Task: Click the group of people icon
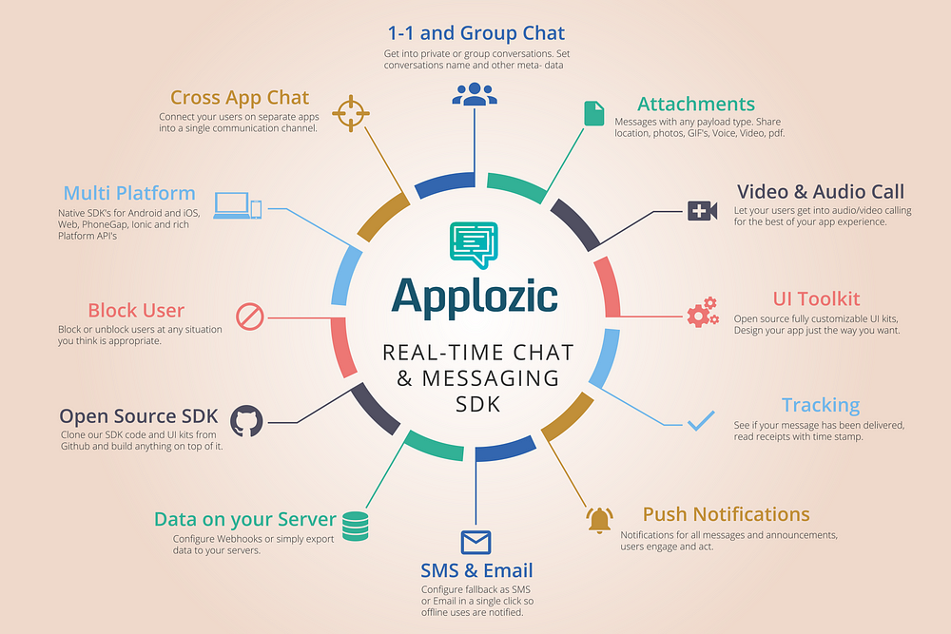475,94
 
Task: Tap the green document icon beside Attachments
593,113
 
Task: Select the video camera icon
703,211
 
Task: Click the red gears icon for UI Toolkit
703,312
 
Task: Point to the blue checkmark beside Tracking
701,421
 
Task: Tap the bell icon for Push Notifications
599,520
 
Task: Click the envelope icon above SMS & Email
475,542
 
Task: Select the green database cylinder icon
356,526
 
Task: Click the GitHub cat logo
246,421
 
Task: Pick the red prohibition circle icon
250,317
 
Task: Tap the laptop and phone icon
237,205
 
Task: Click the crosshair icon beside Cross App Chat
351,113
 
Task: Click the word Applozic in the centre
475,297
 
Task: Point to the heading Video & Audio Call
821,192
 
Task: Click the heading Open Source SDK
138,415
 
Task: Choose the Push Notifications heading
726,514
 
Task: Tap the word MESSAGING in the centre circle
491,378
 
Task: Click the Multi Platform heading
129,193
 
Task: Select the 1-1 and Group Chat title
476,32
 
